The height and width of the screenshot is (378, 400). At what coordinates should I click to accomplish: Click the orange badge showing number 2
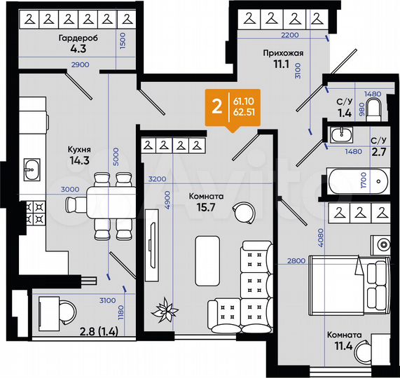pyautogui.click(x=216, y=106)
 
